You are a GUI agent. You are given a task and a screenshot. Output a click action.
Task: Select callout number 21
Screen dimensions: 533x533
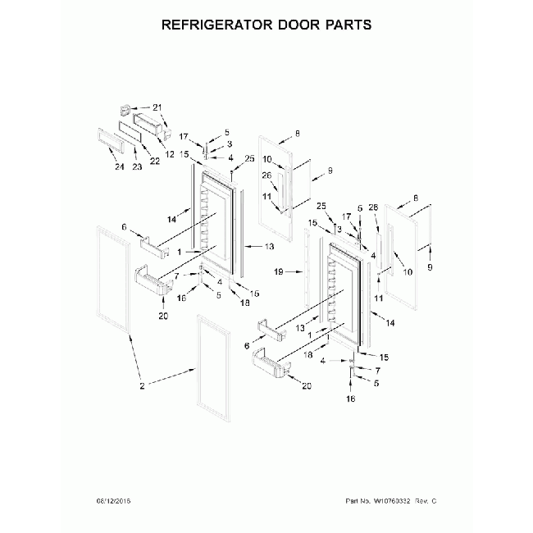click(x=158, y=107)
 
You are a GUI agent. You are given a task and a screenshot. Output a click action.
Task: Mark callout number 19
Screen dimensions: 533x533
click(x=279, y=270)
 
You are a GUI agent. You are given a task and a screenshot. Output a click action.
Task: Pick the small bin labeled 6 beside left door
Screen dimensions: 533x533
click(x=153, y=244)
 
